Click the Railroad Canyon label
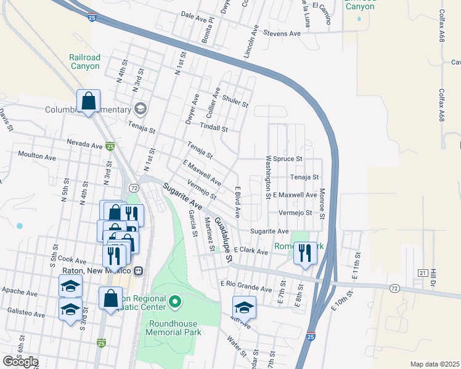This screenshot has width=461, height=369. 84,61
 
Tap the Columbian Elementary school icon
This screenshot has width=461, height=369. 141,109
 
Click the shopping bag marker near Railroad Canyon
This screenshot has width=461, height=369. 88,101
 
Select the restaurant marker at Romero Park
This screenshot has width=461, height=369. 305,252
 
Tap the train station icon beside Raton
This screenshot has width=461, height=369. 139,271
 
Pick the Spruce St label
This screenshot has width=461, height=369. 289,158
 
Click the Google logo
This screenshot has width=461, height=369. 20,362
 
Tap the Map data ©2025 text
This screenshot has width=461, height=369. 434,364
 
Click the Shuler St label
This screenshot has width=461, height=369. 234,101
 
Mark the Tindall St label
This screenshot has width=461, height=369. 213,129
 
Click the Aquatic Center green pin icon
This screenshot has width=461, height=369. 175,301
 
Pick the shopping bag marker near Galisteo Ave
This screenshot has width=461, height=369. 110,298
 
